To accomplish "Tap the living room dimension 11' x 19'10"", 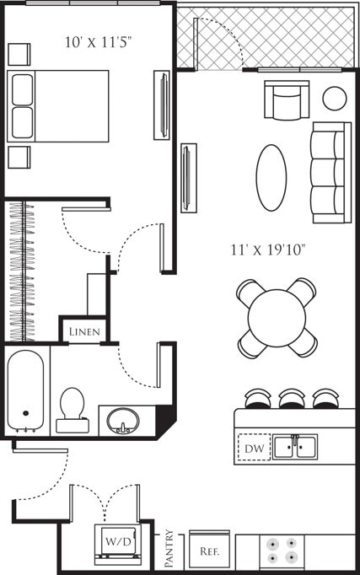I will (x=267, y=250).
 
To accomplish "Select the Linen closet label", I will (x=84, y=332).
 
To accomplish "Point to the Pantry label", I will (x=169, y=547).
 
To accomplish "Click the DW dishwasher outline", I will (x=254, y=448).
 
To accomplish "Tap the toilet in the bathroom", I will (x=73, y=409).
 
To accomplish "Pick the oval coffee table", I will (x=271, y=177).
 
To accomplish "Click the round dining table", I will (x=276, y=317).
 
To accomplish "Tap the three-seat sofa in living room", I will (x=330, y=172).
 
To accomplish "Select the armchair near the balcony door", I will (x=287, y=100).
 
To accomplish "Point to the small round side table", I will (x=335, y=98).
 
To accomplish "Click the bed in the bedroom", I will (x=59, y=105).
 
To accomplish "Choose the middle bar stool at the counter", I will (x=293, y=398).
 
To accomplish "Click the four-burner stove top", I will (x=282, y=551).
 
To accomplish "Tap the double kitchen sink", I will (x=294, y=447).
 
